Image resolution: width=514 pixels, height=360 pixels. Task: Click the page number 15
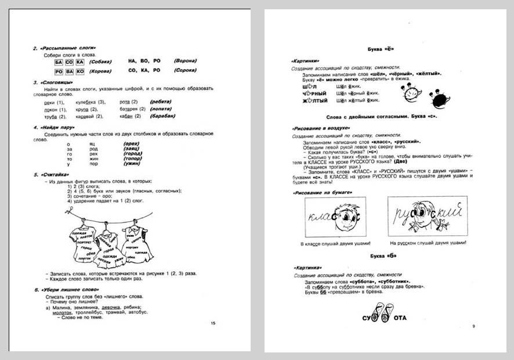(x=213, y=323)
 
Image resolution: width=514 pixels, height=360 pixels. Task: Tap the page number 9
(x=473, y=326)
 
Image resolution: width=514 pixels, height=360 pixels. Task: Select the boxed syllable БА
(x=59, y=61)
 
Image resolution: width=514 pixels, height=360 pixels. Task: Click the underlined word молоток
(x=63, y=312)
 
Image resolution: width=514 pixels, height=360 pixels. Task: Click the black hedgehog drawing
(x=437, y=97)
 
